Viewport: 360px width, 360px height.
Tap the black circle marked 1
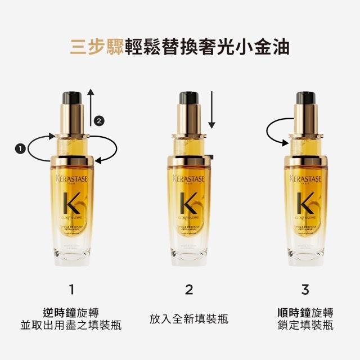coord(20,148)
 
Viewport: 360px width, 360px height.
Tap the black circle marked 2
coord(100,120)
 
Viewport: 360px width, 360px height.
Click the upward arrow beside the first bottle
coord(90,107)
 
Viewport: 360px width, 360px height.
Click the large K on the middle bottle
coord(188,202)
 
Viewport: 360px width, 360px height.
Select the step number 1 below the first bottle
coord(71,290)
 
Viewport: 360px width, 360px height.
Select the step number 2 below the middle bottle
coord(189,290)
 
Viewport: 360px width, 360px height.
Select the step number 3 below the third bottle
coord(305,290)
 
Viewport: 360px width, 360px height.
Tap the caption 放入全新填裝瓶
coord(189,319)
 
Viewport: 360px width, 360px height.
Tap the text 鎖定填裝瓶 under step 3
coord(305,325)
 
